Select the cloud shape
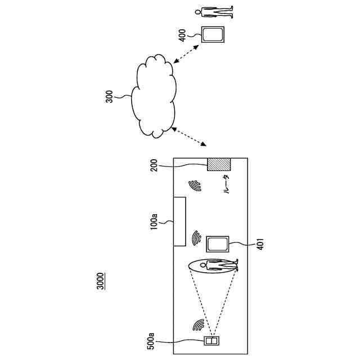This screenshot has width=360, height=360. pyautogui.click(x=154, y=96)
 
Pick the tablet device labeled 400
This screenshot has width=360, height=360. pyautogui.click(x=213, y=35)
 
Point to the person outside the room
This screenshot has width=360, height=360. pyautogui.click(x=213, y=11)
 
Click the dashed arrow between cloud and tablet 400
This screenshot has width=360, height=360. pyautogui.click(x=187, y=55)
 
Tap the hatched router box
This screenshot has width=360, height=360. pyautogui.click(x=219, y=165)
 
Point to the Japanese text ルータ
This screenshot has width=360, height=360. pyautogui.click(x=226, y=184)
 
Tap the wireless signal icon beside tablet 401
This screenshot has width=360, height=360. pyautogui.click(x=196, y=238)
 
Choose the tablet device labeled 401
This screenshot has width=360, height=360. pyautogui.click(x=217, y=244)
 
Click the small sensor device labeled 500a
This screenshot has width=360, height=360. pyautogui.click(x=211, y=341)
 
